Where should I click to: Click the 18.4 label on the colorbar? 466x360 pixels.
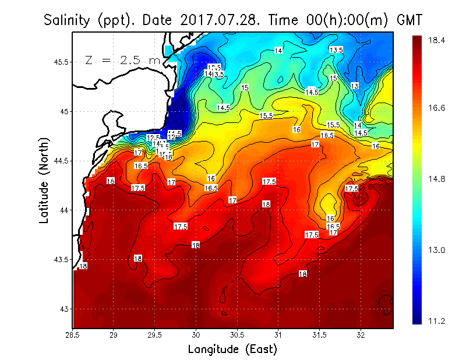click(x=436, y=40)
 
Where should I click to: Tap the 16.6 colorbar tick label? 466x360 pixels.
click(x=436, y=108)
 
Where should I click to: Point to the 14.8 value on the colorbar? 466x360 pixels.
click(x=436, y=179)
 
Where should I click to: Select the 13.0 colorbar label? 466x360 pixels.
click(x=436, y=250)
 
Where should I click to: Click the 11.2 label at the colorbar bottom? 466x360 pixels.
click(x=436, y=321)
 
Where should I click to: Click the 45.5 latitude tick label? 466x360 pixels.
click(x=60, y=62)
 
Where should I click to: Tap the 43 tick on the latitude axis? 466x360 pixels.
click(x=64, y=309)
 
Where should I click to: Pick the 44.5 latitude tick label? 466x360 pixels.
click(x=60, y=161)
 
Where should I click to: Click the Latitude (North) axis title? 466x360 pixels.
click(x=44, y=180)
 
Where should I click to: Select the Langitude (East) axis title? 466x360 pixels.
click(x=232, y=350)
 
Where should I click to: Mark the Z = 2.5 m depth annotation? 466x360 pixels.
click(x=122, y=60)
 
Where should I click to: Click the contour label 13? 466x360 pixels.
click(x=355, y=86)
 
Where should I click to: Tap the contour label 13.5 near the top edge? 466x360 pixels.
click(x=336, y=50)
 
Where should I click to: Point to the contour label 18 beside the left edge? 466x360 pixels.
click(x=83, y=266)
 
